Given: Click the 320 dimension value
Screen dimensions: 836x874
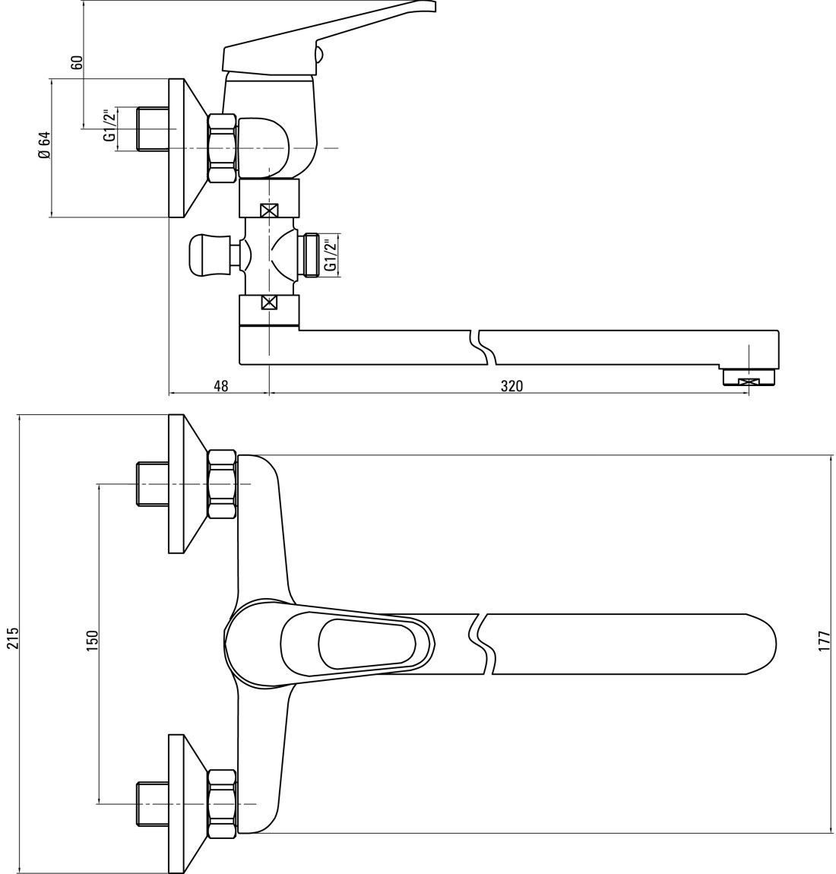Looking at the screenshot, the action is point(511,386).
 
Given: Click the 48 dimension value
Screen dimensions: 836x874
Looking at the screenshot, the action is point(220,386).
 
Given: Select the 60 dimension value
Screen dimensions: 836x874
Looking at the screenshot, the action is point(77,62).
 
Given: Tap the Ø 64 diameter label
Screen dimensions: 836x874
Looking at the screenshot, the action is point(45,145).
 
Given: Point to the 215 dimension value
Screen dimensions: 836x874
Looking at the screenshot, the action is point(12,638).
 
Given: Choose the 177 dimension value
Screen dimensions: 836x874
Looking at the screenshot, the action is point(825,643).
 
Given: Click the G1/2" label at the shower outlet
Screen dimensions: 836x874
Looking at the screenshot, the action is point(331,256).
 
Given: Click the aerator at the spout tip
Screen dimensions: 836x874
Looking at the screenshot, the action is point(748,378).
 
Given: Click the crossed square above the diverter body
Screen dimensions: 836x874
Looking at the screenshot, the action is point(268,211).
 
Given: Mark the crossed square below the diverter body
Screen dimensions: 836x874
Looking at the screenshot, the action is point(268,302).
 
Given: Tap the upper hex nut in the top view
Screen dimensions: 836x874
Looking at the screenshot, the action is point(223,484).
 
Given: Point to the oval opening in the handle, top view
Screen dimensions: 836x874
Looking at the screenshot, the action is point(367,643).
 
